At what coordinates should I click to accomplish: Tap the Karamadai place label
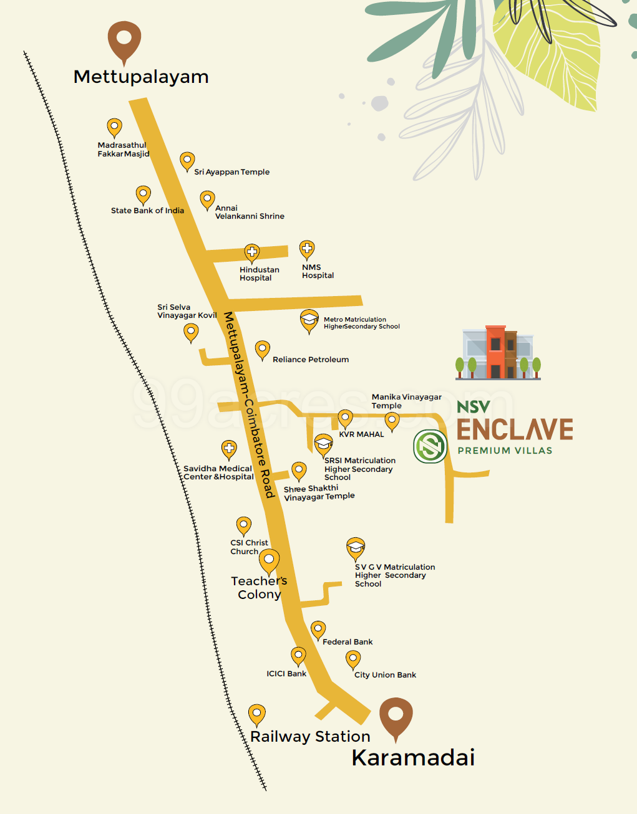413,758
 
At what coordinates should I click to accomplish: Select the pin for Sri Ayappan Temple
187,161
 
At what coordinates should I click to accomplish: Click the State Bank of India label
147,211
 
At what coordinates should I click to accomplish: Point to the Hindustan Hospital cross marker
252,252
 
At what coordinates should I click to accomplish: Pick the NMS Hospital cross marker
307,249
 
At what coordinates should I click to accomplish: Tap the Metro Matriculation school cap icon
309,320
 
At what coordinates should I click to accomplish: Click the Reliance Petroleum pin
263,349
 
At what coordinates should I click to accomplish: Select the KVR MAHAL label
361,434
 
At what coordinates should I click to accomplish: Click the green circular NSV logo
430,446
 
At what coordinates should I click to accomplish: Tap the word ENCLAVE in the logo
515,430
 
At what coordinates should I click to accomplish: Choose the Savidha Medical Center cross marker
229,449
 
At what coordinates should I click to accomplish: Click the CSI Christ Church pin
243,525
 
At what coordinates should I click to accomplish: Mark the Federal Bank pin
318,630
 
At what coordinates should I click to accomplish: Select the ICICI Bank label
286,674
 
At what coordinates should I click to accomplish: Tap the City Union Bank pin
353,659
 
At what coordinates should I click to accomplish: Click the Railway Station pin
257,714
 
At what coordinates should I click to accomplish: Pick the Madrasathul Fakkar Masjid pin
114,127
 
